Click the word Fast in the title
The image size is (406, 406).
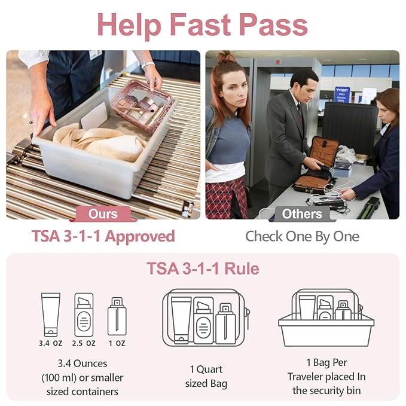(200, 25)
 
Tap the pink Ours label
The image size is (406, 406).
(103, 214)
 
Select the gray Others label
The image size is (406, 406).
(302, 214)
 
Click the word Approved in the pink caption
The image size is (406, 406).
(140, 237)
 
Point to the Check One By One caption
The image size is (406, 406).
(302, 236)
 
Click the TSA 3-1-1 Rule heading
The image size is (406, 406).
(203, 268)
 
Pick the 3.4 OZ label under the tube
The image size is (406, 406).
(50, 343)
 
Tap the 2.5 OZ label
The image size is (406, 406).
(84, 343)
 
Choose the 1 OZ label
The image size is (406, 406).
(117, 343)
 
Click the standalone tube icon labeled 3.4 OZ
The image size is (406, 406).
(51, 315)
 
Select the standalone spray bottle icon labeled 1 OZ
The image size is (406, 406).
(117, 316)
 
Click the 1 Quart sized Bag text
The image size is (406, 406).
(206, 377)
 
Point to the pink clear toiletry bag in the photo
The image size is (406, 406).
(142, 106)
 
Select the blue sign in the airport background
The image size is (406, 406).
(342, 94)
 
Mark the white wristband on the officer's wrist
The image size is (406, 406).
(148, 65)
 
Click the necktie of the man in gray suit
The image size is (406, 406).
(300, 116)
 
